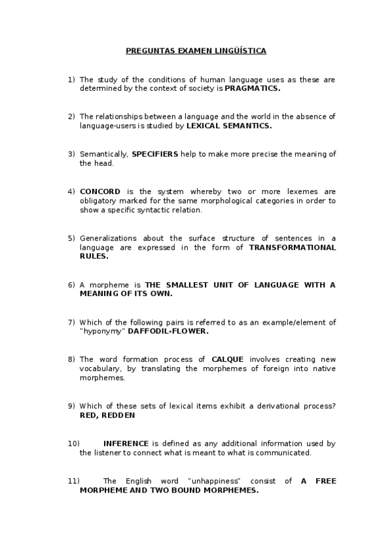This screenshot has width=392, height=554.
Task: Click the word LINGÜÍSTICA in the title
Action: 238,50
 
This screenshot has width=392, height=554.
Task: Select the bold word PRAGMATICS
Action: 253,88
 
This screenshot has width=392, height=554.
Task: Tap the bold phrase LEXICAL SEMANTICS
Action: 229,125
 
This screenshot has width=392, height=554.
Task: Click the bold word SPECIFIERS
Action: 154,154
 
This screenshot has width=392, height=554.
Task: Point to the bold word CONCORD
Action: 100,191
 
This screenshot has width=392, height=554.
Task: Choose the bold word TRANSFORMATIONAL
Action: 293,248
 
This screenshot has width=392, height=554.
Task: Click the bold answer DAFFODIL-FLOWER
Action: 168,331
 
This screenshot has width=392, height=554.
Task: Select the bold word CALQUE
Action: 228,359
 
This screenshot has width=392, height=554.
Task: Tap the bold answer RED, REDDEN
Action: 107,415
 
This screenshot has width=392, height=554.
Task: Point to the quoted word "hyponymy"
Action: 102,331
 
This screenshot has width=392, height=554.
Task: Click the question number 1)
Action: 71,79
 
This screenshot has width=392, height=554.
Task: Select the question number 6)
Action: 71,285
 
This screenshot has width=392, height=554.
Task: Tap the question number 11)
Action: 73,481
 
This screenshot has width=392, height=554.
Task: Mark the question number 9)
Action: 71,406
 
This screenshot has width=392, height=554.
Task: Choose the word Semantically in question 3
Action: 103,154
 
